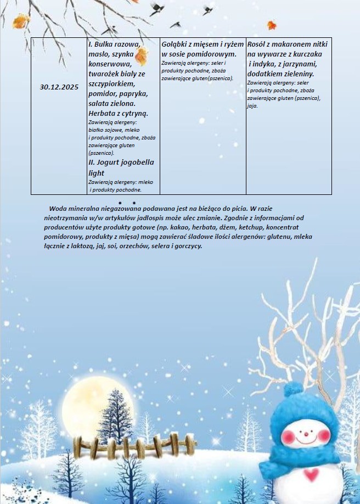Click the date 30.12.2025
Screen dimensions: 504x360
click(x=59, y=87)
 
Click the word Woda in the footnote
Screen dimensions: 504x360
click(x=59, y=209)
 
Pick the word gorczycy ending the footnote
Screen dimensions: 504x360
click(x=187, y=246)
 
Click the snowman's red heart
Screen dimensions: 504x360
click(x=312, y=473)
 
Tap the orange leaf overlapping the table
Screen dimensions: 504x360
click(x=142, y=55)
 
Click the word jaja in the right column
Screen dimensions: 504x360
click(x=253, y=106)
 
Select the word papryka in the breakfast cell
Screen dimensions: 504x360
click(x=132, y=94)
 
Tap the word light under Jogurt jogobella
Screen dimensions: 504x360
click(x=97, y=173)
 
